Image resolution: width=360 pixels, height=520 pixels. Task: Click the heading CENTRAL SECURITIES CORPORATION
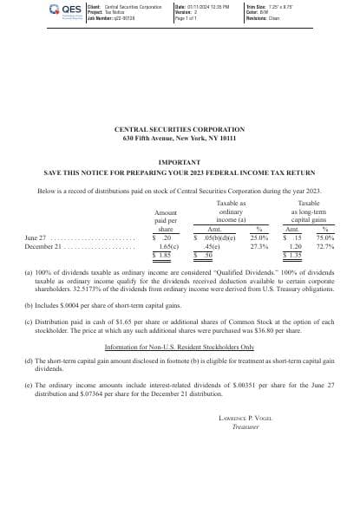pos(180,130)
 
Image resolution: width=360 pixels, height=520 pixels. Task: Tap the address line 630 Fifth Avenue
pos(180,139)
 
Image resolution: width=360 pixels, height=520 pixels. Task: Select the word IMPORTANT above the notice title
pos(180,162)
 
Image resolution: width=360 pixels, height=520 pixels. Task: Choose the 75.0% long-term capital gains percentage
pos(325,237)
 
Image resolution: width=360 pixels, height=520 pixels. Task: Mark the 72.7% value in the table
pos(325,246)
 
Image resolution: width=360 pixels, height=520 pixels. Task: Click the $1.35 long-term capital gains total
pos(295,256)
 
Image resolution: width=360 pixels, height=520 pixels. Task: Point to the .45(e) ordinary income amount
pos(212,246)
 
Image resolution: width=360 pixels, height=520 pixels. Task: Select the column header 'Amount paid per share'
pos(165,221)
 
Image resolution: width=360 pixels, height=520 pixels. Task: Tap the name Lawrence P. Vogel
pos(245,418)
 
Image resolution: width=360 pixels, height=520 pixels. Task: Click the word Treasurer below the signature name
pos(245,426)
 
